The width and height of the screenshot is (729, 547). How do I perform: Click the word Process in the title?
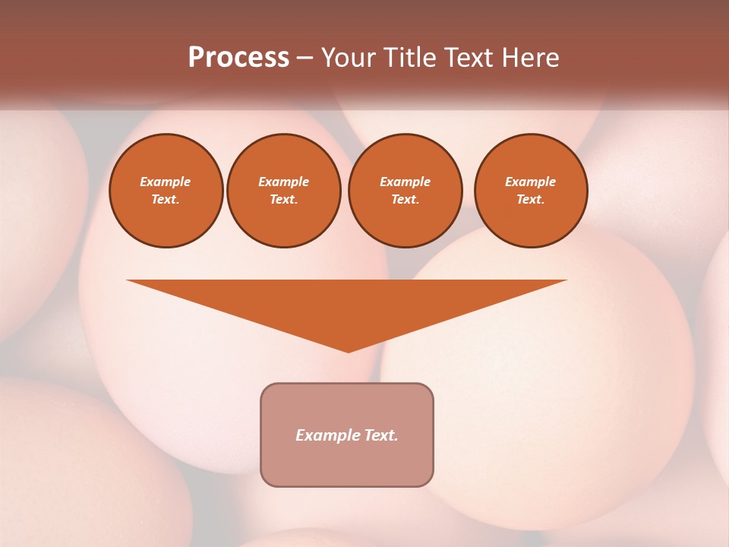click(238, 58)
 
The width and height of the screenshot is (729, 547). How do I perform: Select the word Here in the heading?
click(532, 58)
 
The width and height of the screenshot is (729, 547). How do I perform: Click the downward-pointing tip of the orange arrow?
click(349, 350)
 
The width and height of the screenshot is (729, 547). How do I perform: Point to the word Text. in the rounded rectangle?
click(380, 435)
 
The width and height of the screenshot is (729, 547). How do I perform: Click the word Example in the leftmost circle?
click(166, 182)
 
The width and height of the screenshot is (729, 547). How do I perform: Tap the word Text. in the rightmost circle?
click(530, 199)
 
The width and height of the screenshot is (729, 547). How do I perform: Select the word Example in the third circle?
click(405, 182)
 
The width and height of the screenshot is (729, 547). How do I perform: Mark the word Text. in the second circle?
click(283, 199)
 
